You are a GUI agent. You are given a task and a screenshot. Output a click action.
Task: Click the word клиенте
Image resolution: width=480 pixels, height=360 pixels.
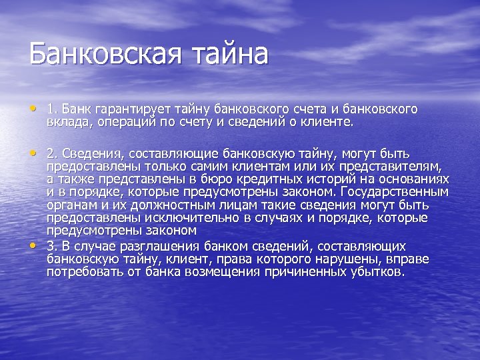(329, 122)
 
